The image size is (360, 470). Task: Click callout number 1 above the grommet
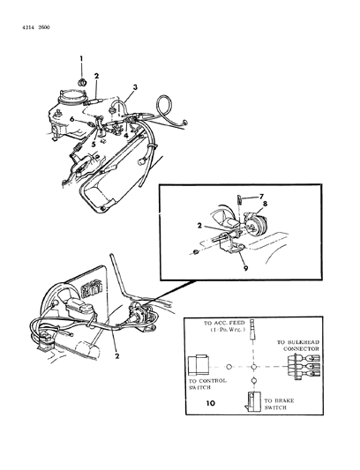point(81,58)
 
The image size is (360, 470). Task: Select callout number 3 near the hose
point(135,87)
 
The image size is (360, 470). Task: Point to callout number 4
point(127,136)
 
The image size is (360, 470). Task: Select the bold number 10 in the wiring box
point(209,403)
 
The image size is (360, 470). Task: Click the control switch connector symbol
point(199,364)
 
